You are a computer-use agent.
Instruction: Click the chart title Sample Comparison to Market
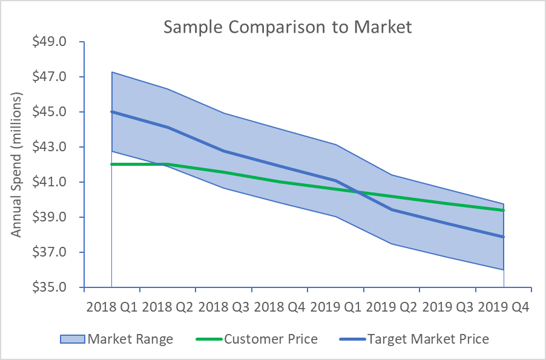click(x=288, y=27)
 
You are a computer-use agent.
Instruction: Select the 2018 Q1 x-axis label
click(x=112, y=307)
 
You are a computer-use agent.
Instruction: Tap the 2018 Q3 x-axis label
click(x=224, y=307)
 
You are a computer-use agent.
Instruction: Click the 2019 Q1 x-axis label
click(x=336, y=307)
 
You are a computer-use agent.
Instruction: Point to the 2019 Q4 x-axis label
click(x=504, y=307)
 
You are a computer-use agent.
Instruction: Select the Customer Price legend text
click(x=271, y=339)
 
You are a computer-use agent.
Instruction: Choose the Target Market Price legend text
click(x=428, y=339)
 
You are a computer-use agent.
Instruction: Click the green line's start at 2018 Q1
click(x=112, y=164)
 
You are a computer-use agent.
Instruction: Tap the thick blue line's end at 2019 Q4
click(x=504, y=237)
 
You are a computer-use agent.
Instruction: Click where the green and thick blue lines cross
click(x=361, y=193)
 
